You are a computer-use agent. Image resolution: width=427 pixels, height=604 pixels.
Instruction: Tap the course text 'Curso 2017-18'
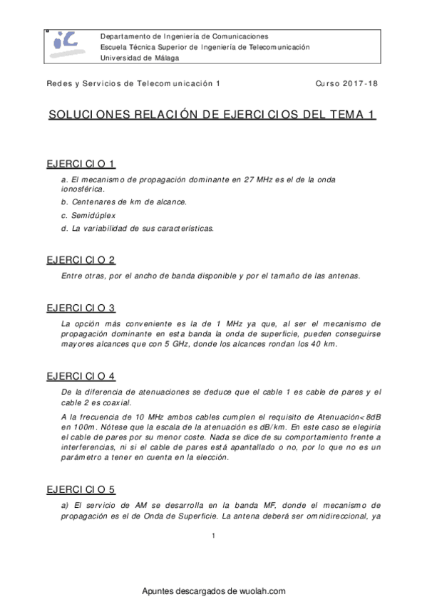[x=346, y=83]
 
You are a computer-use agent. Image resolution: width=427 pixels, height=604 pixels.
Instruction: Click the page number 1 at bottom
[x=213, y=536]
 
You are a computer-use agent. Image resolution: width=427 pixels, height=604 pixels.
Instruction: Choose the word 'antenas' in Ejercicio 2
[x=344, y=276]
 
